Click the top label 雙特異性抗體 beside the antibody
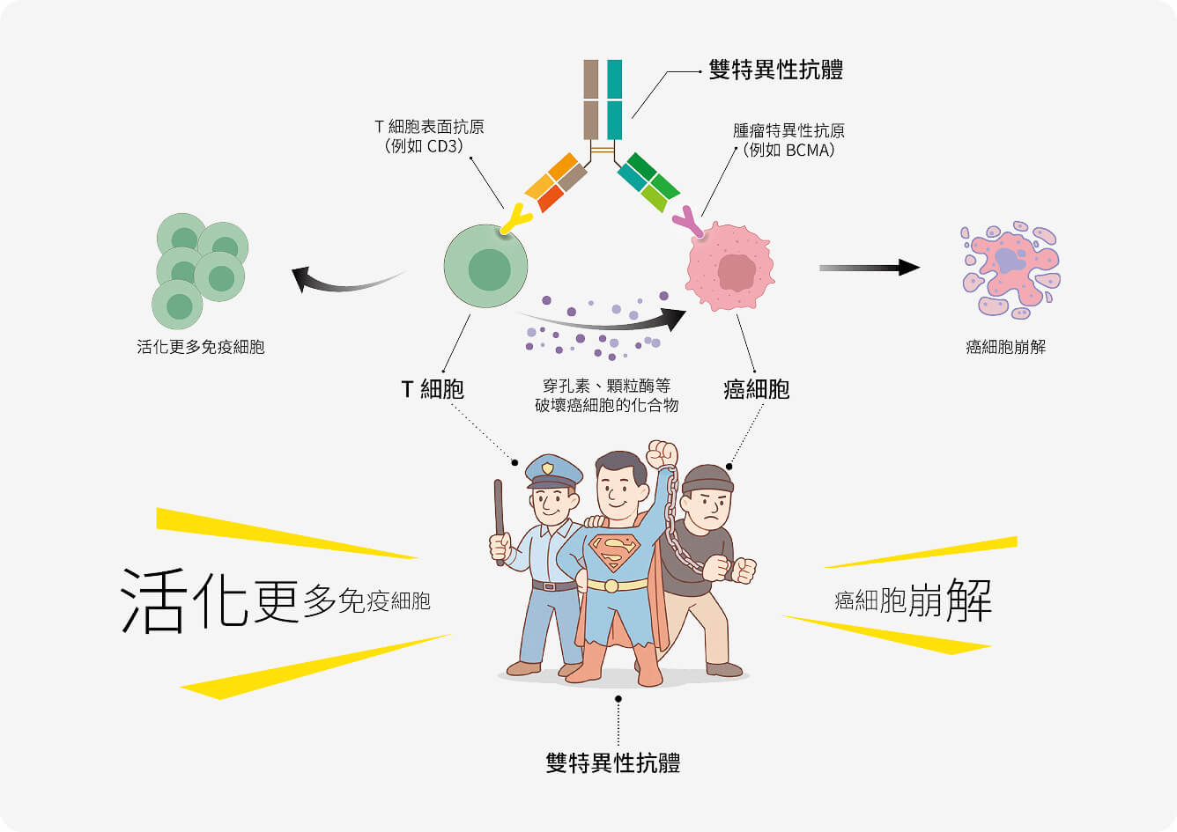pyautogui.click(x=775, y=70)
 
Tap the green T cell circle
pyautogui.click(x=485, y=266)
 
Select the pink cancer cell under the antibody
pyautogui.click(x=730, y=268)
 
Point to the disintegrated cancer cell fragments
pyautogui.click(x=1010, y=268)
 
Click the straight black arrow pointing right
pyautogui.click(x=869, y=268)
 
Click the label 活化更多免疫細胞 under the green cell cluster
pyautogui.click(x=201, y=347)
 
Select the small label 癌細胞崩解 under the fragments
pyautogui.click(x=1006, y=347)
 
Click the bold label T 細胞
pyautogui.click(x=432, y=389)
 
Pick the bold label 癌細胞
pyautogui.click(x=756, y=389)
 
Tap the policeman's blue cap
pyautogui.click(x=552, y=470)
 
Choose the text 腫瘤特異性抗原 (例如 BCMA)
pyautogui.click(x=788, y=140)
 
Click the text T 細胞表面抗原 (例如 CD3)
pyautogui.click(x=429, y=136)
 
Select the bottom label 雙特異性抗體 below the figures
pyautogui.click(x=613, y=762)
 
